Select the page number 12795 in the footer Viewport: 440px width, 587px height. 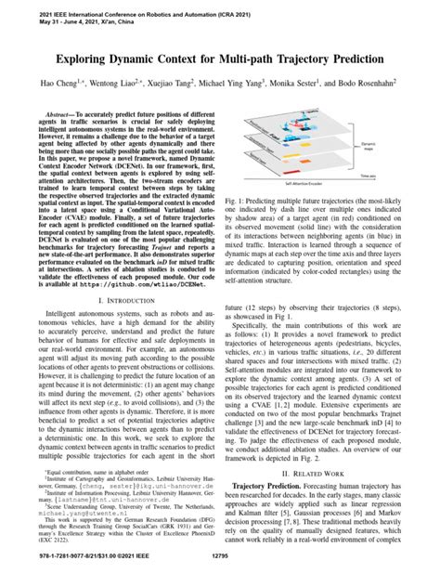click(220, 580)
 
